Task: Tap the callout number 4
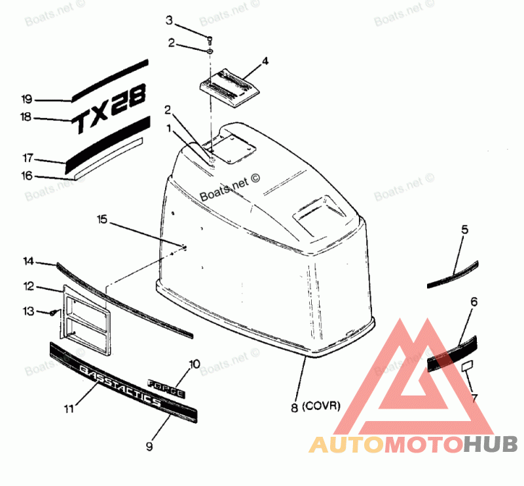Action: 265,62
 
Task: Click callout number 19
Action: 26,100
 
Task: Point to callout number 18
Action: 26,117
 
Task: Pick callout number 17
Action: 27,158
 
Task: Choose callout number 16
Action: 26,175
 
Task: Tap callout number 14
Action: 28,261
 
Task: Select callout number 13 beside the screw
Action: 28,311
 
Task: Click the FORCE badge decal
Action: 167,388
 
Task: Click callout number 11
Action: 69,409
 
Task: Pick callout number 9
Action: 149,446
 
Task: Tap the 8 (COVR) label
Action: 316,406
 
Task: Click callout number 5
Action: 464,230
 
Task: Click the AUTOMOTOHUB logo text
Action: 413,445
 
